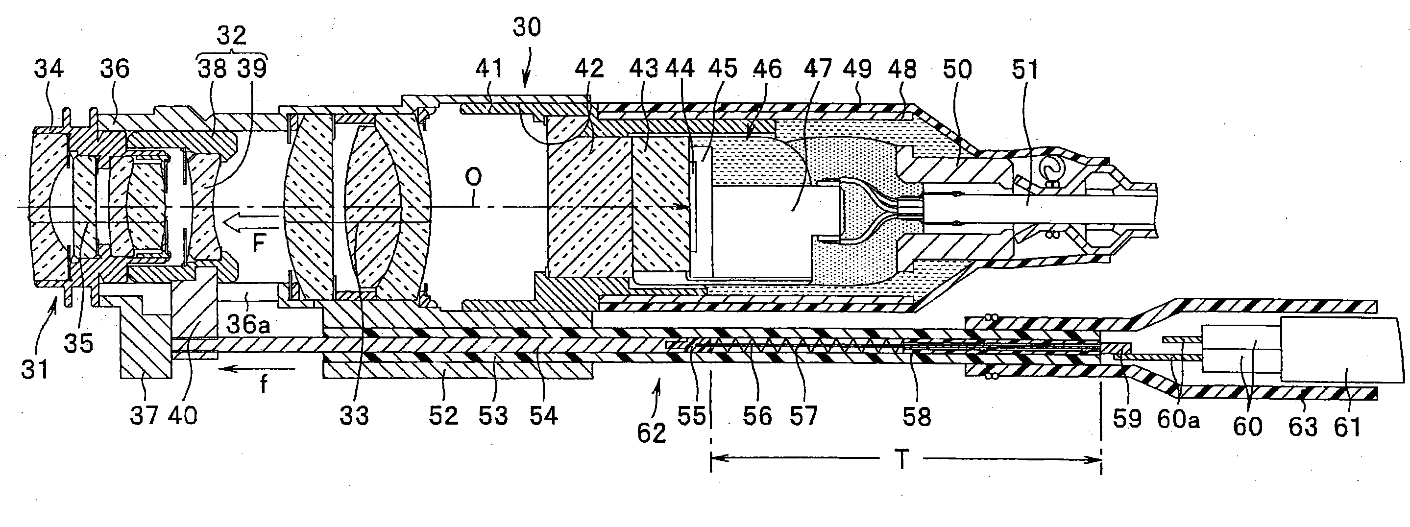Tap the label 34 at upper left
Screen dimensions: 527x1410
pos(49,69)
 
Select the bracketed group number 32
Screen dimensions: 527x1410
pos(232,36)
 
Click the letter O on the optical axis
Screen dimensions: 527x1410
pos(473,177)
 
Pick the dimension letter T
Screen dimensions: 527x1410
pos(901,460)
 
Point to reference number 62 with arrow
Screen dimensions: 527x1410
pos(652,433)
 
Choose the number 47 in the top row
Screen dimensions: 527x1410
pos(818,70)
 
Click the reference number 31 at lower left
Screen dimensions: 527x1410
pos(35,370)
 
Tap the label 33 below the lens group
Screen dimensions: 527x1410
pos(354,416)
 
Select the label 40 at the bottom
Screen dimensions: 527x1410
pos(182,416)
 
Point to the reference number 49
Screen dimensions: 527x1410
pos(857,70)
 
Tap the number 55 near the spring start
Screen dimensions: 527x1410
pos(691,416)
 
